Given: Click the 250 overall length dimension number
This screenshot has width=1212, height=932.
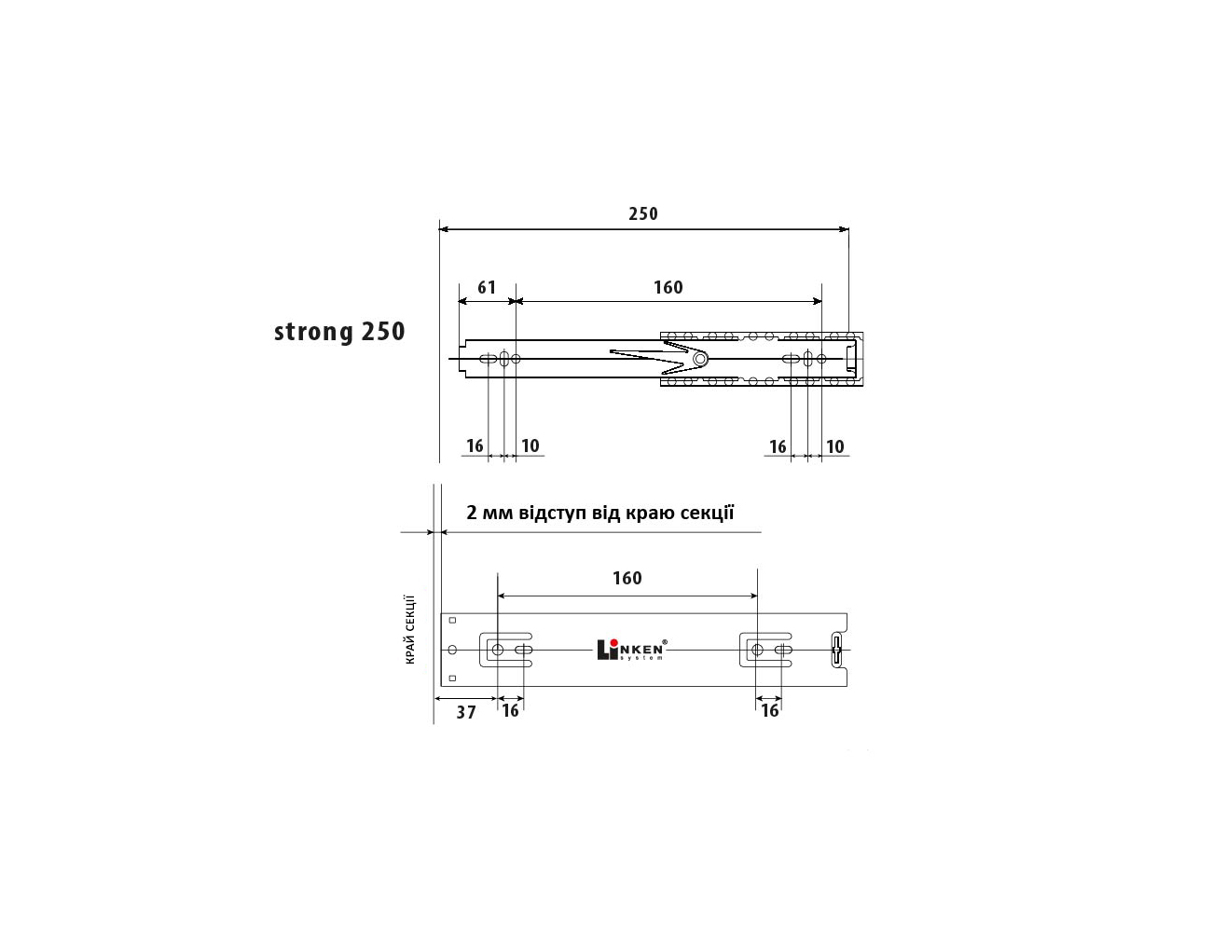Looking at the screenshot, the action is click(643, 214).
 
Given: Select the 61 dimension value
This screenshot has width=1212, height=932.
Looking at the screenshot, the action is click(487, 288).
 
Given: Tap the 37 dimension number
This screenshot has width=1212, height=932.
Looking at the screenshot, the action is click(466, 712).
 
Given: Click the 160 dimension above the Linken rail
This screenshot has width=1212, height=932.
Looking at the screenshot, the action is click(627, 578).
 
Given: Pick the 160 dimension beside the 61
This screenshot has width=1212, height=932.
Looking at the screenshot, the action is click(668, 288).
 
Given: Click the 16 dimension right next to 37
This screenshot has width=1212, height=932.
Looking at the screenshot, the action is click(510, 711).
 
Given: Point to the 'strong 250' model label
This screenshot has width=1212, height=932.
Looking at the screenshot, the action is click(339, 332).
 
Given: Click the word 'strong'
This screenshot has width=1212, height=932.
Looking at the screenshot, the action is click(313, 333).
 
